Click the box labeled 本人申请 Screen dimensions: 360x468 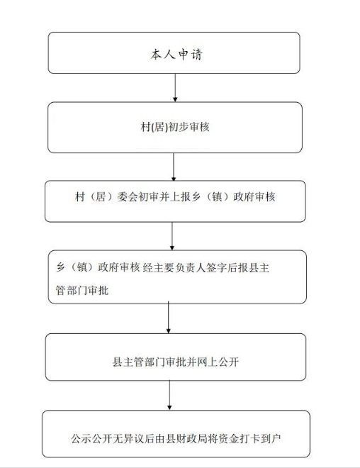click(x=174, y=53)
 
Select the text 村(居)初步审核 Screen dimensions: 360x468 click(x=175, y=127)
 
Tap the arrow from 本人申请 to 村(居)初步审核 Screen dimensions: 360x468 click(x=175, y=87)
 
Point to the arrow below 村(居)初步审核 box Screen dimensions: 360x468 click(x=174, y=167)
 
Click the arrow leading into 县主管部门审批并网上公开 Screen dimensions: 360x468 click(x=169, y=317)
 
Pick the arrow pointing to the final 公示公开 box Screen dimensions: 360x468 click(x=169, y=395)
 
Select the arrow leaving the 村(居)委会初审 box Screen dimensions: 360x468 click(x=171, y=236)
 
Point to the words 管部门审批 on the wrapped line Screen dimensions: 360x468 click(x=82, y=290)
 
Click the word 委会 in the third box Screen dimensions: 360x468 click(x=128, y=196)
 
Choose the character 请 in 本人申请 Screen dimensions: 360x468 click(x=197, y=55)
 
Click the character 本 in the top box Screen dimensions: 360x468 click(x=157, y=55)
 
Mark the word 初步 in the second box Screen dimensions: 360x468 click(x=179, y=127)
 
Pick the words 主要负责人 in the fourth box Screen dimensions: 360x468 click(x=179, y=267)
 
